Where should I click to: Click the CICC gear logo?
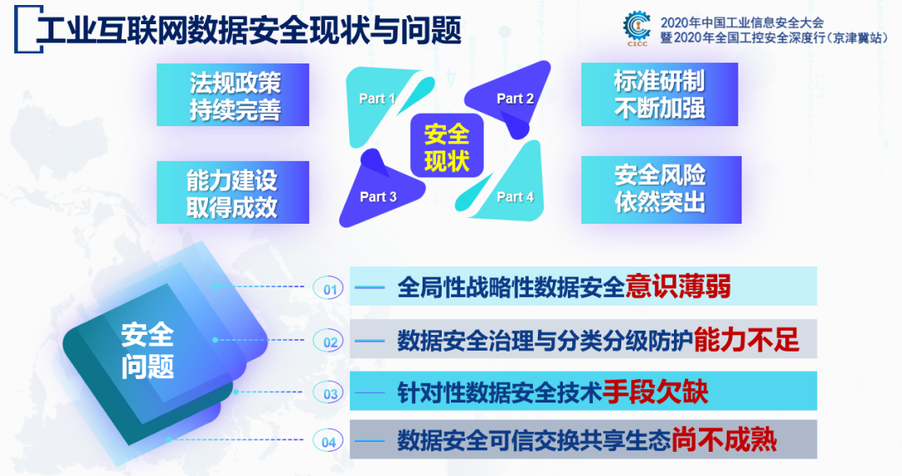[636, 28]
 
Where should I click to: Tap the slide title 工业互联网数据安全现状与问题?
[249, 30]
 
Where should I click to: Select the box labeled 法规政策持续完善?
[233, 95]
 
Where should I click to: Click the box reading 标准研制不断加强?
[660, 94]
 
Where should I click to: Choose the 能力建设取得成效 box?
[233, 193]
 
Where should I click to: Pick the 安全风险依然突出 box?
[661, 190]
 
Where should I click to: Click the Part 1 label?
[377, 99]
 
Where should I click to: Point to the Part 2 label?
[514, 99]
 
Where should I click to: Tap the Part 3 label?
[378, 196]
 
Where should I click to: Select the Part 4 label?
[514, 196]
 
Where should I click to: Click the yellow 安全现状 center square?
[446, 147]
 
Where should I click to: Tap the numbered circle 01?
[328, 289]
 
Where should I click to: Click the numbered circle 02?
[328, 342]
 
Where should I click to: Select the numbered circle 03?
[328, 393]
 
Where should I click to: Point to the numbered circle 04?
[328, 442]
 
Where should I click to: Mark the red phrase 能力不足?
[746, 340]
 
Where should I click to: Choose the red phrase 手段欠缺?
[656, 392]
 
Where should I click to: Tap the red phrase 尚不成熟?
[723, 440]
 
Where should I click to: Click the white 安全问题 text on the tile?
[147, 351]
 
